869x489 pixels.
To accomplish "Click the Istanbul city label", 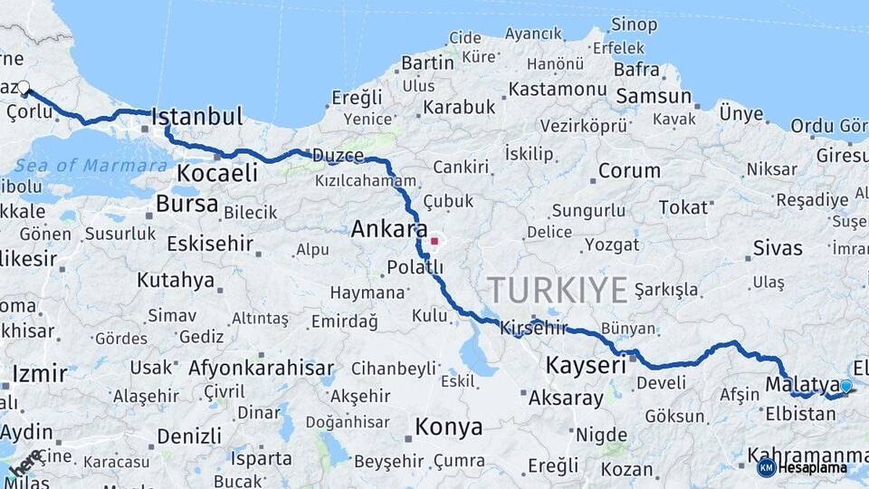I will click(x=197, y=117).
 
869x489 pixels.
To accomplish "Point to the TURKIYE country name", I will click(x=558, y=291).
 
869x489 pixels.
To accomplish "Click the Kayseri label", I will click(x=586, y=366).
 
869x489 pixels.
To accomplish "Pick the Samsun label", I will click(x=654, y=96).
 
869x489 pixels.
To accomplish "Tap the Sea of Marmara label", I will click(x=91, y=166).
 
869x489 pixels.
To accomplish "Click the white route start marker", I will click(x=24, y=89).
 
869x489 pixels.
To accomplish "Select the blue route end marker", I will click(x=846, y=387).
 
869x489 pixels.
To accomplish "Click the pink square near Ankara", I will click(x=434, y=242).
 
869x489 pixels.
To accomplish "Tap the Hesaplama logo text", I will click(x=812, y=468).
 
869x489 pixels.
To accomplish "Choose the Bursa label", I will click(x=187, y=204).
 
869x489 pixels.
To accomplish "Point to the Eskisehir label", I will click(x=210, y=244).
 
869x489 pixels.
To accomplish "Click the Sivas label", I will click(x=778, y=248).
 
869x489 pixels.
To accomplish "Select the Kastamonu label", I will click(x=557, y=90).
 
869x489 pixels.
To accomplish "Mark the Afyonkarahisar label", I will click(x=261, y=369).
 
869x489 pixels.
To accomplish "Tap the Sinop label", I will click(x=634, y=24).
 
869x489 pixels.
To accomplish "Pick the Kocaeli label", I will click(x=217, y=173).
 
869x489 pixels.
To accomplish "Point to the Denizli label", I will click(x=189, y=436).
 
